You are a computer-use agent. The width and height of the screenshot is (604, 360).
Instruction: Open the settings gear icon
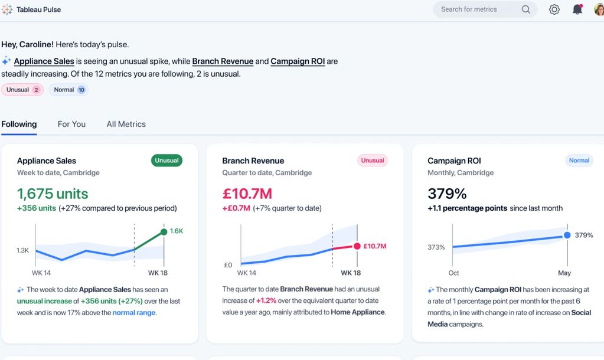coord(554,9)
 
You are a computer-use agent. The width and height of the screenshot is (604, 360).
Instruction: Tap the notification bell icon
coord(577,9)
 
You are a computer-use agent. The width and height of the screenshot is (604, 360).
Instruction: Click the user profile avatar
coord(599,9)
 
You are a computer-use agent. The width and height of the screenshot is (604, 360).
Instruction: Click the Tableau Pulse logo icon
coord(7,9)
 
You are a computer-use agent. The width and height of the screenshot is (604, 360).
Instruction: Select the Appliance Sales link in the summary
coord(44,61)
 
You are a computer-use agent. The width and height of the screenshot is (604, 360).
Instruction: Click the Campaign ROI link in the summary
coord(298,61)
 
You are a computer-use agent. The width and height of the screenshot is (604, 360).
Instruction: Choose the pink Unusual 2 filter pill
coord(22,90)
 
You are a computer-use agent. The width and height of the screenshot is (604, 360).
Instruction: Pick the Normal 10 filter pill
coord(68,90)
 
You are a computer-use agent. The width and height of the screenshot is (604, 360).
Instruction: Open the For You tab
coord(71,124)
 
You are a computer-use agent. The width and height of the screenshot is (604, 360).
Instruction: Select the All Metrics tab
coord(126,124)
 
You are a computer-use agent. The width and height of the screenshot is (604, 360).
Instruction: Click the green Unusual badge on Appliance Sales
coord(166,161)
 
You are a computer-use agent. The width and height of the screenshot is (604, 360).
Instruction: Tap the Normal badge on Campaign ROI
coord(579,161)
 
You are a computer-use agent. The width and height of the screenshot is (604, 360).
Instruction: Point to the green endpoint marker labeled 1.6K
coord(164,231)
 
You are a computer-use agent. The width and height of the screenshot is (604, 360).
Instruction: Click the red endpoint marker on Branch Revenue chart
coord(357,246)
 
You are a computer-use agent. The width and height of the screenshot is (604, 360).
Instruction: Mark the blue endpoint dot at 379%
coord(567,235)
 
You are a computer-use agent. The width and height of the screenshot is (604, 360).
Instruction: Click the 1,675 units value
coord(53,194)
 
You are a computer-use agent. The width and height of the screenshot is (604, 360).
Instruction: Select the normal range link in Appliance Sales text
coord(134,313)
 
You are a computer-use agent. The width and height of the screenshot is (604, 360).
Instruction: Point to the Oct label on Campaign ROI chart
coord(453,273)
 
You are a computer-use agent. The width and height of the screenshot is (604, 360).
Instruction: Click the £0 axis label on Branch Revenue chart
coord(228,265)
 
